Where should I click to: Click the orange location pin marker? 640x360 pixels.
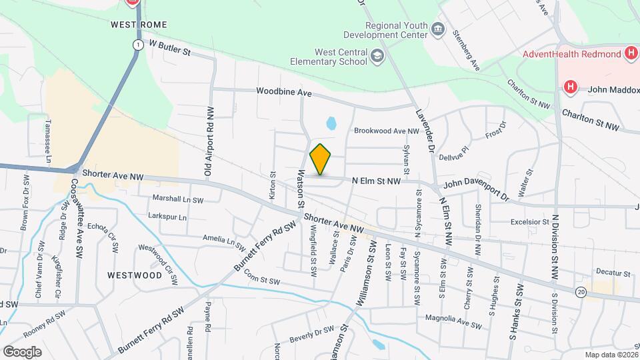click(x=321, y=159)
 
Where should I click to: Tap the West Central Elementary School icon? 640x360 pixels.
click(x=378, y=56)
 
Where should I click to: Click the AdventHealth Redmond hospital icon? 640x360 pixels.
click(x=631, y=53)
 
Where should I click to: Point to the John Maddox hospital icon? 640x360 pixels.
click(x=570, y=87)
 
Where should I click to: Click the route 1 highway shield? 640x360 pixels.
click(x=137, y=45)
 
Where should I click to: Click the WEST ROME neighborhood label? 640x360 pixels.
click(x=137, y=23)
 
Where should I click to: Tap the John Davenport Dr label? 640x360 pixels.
click(x=476, y=189)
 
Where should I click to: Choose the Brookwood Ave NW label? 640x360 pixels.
click(x=386, y=131)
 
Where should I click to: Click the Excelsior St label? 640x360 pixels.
click(x=529, y=221)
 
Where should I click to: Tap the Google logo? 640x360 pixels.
click(x=22, y=351)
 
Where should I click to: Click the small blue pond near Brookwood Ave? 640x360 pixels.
click(x=331, y=123)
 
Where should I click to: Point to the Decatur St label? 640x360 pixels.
click(x=613, y=273)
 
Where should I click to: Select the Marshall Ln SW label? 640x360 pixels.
click(x=177, y=199)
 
